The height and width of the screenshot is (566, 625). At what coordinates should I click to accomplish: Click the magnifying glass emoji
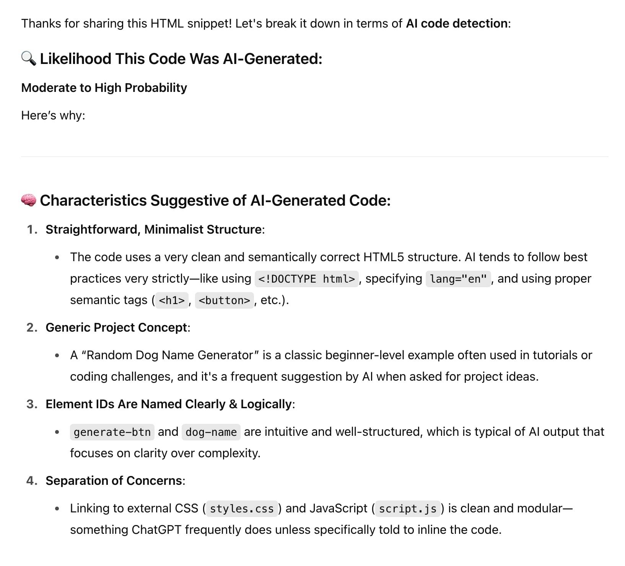(29, 59)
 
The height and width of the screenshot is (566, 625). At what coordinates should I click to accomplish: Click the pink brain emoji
(29, 200)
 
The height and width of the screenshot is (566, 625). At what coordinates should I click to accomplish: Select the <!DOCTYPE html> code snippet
(306, 279)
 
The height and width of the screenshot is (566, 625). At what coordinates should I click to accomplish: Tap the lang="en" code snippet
(458, 279)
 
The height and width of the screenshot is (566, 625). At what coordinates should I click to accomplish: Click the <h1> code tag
(172, 300)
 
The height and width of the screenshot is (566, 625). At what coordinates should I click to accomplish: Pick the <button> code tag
(224, 300)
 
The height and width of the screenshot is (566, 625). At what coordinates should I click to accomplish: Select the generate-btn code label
(112, 432)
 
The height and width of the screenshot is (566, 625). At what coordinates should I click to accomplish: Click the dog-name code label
(211, 432)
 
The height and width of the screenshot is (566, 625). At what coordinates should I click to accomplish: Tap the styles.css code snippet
(242, 509)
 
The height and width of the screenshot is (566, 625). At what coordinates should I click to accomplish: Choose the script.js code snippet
(408, 509)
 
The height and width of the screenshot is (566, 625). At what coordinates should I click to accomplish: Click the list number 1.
(31, 229)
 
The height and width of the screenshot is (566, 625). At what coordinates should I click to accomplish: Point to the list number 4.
(31, 481)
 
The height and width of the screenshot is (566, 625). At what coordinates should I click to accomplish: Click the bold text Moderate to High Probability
(104, 88)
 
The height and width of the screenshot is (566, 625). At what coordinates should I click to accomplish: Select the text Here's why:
(53, 115)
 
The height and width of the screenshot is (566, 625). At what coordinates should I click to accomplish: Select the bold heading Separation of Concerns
(114, 481)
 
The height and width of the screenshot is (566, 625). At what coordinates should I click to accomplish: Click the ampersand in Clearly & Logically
(233, 404)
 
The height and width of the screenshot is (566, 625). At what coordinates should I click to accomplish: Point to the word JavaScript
(338, 508)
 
